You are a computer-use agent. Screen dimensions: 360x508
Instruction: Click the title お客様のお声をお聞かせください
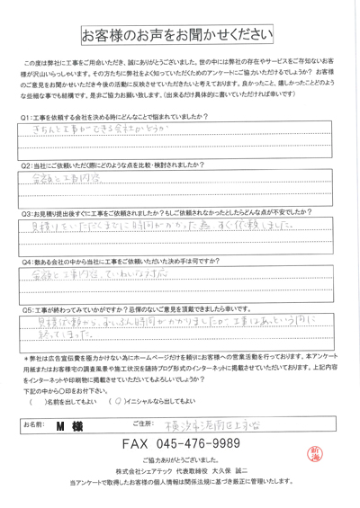pos(179,34)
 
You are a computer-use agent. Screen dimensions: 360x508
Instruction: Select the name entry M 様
pos(67,423)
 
